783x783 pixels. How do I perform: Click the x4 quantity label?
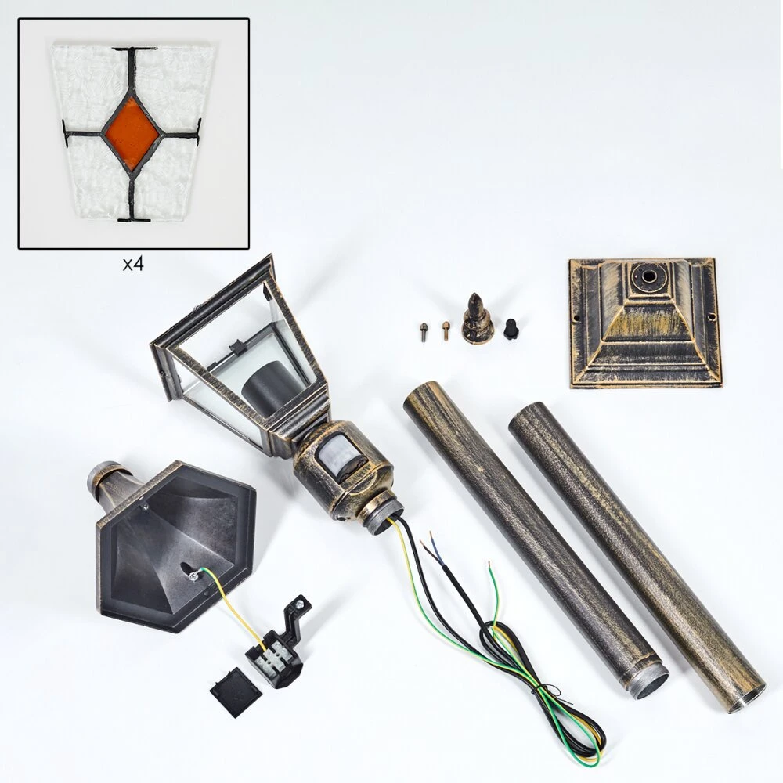[x=133, y=264]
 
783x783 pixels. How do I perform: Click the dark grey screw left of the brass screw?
[x=424, y=331]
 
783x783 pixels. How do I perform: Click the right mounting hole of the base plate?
[x=709, y=316]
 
